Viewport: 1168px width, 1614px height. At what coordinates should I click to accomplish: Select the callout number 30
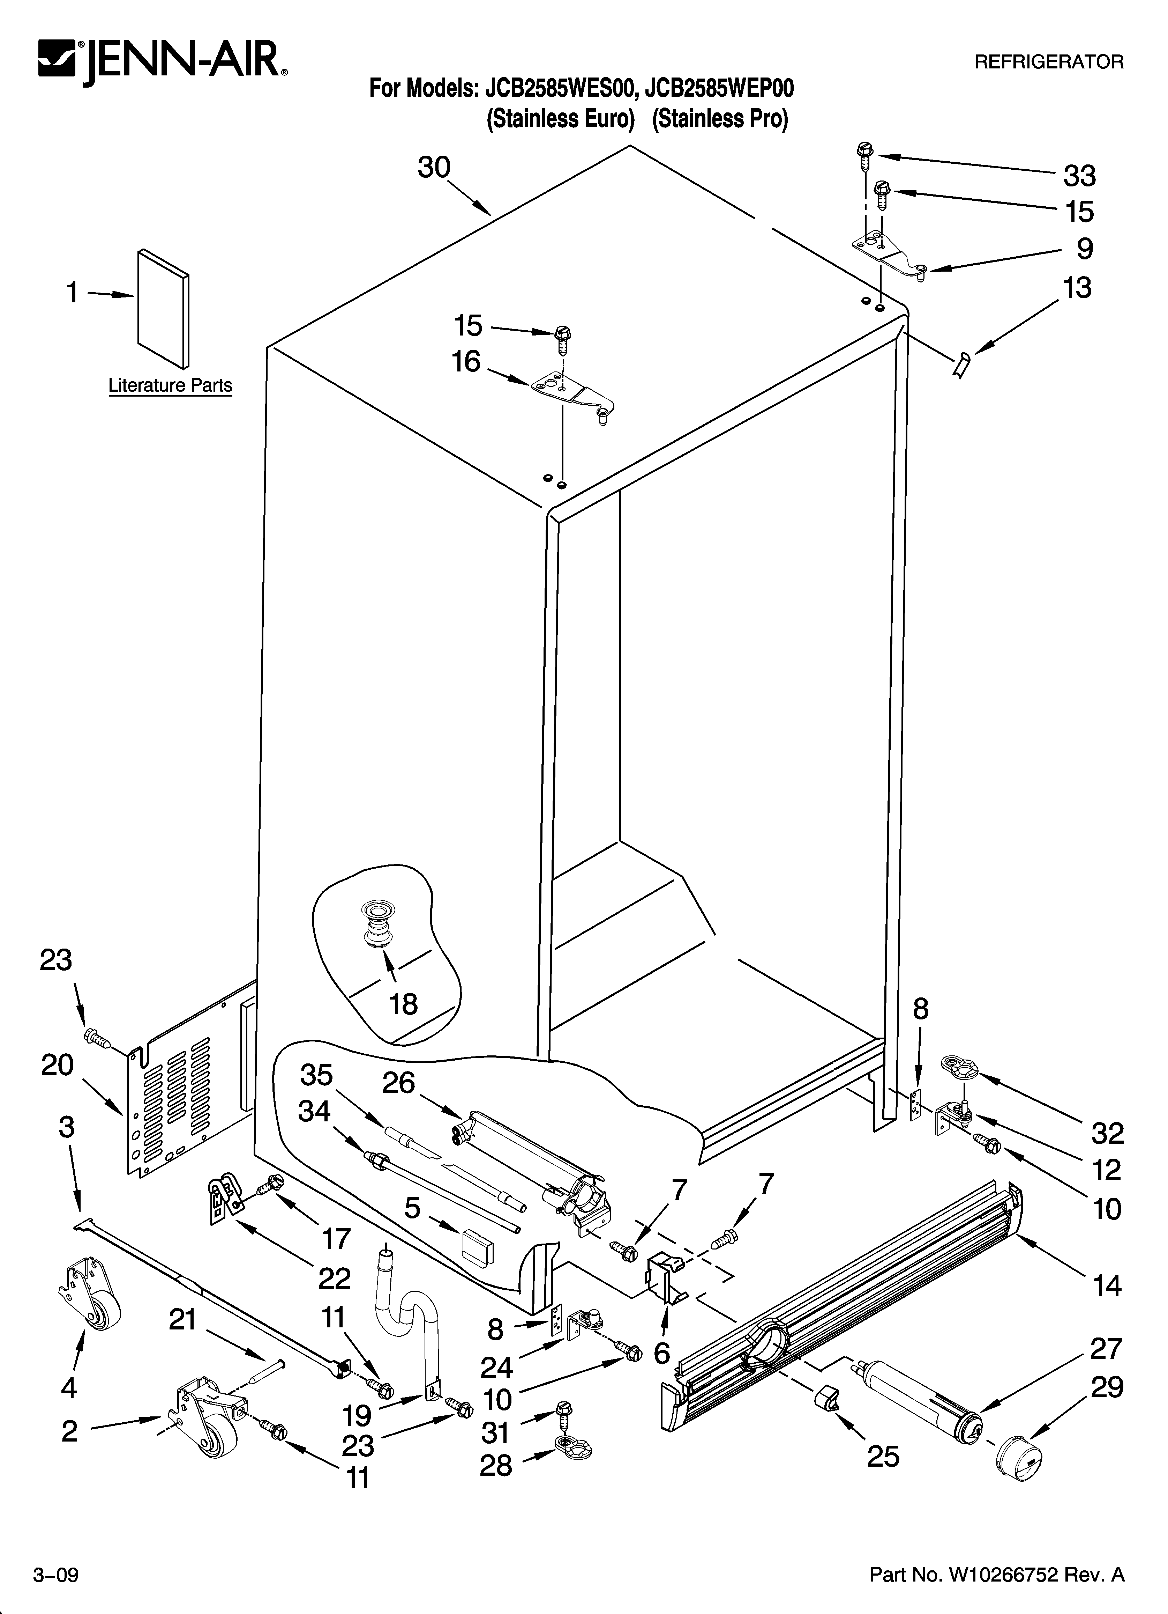click(x=434, y=168)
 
